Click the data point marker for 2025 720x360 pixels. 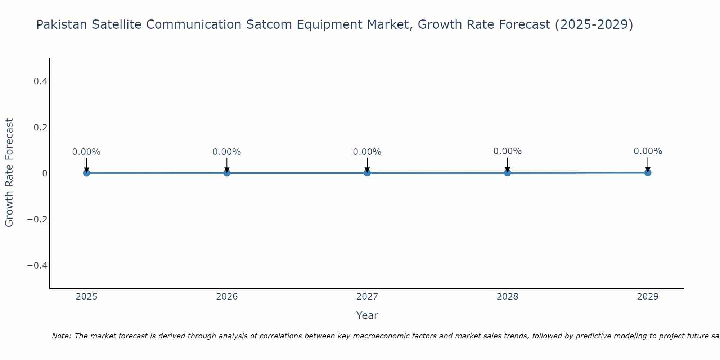[x=86, y=173]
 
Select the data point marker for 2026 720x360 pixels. [x=227, y=173]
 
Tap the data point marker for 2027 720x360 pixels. [x=367, y=173]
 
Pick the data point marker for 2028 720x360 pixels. [x=507, y=173]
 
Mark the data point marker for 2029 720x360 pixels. [x=648, y=172]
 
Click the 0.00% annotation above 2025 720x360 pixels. [x=86, y=152]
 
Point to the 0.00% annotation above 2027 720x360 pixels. [x=367, y=152]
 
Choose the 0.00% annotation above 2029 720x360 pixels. [x=648, y=151]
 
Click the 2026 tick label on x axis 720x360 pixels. [x=227, y=297]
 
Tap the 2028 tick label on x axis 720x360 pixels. [x=507, y=297]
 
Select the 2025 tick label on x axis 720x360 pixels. [x=86, y=297]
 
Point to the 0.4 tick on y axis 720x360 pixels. [x=40, y=81]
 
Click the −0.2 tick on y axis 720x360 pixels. [x=37, y=220]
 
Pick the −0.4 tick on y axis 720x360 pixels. [x=37, y=266]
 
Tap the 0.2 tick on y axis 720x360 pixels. [x=40, y=127]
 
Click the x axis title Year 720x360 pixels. [x=367, y=315]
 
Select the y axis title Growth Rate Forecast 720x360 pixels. [x=9, y=173]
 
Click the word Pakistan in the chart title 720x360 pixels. [x=62, y=24]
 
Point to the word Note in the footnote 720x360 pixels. [x=61, y=336]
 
